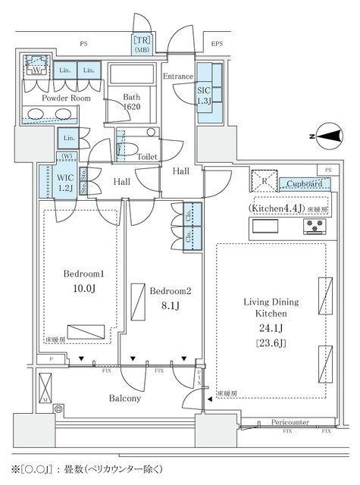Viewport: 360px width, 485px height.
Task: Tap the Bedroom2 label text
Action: [x=170, y=292]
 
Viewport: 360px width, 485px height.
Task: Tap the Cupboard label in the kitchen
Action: [x=307, y=183]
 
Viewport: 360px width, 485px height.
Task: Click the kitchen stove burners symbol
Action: [x=315, y=225]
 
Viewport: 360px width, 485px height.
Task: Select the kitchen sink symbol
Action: [x=267, y=226]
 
